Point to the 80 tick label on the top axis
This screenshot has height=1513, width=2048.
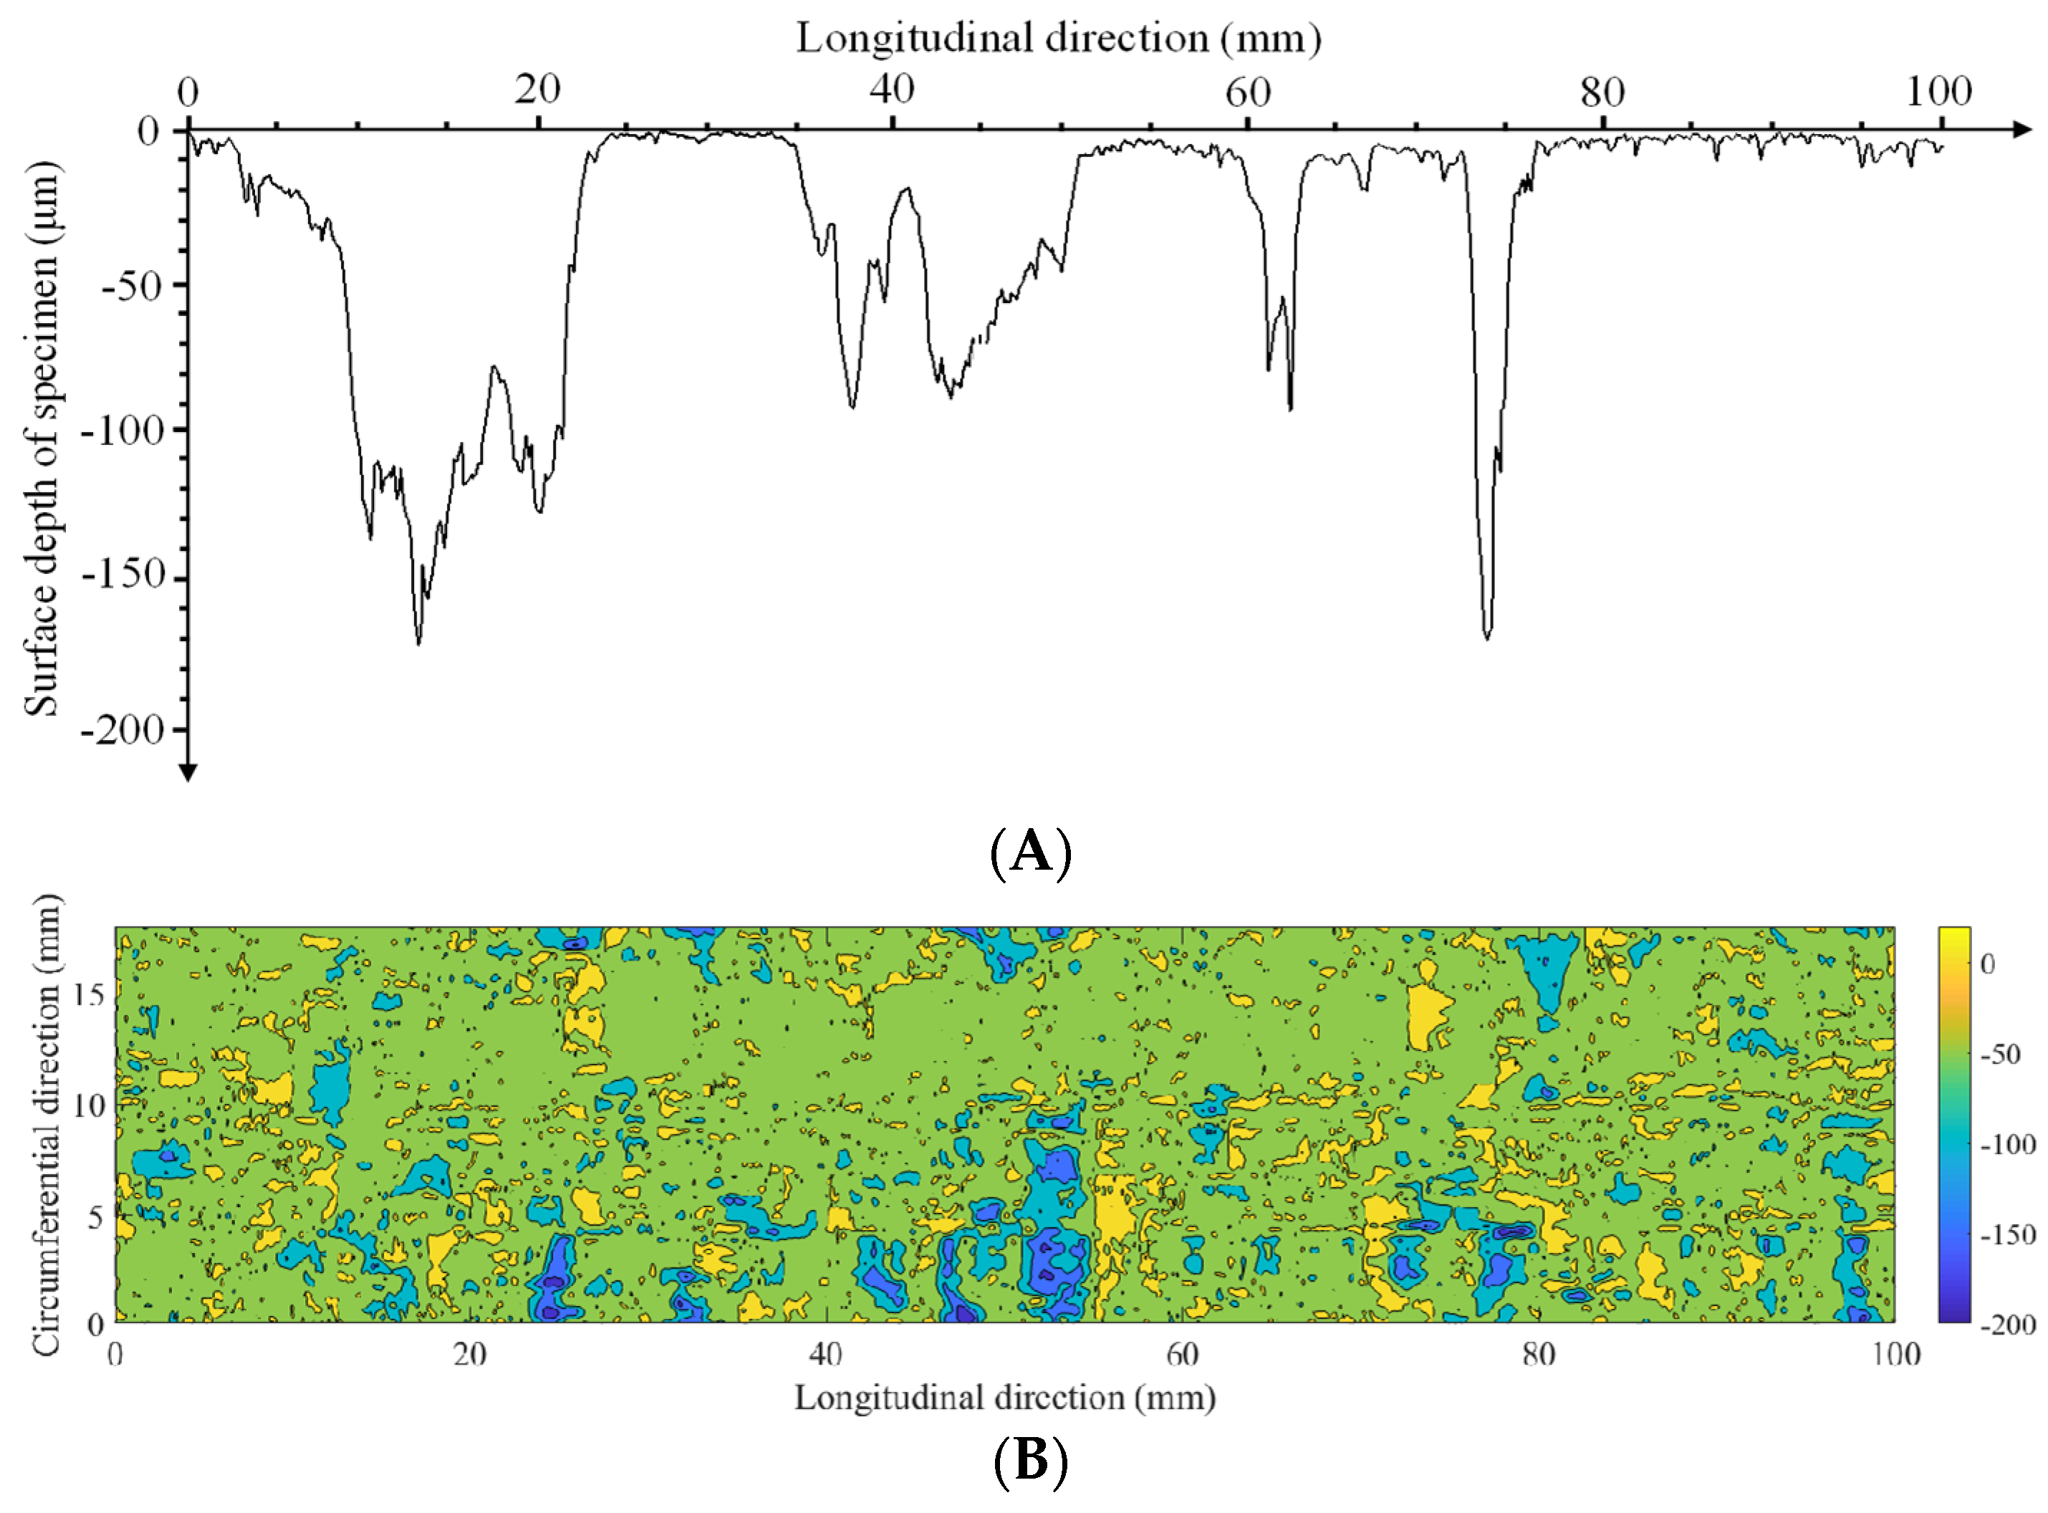[1601, 92]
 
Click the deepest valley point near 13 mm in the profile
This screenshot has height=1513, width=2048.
[418, 644]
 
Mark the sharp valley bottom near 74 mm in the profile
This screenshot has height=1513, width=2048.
[1486, 638]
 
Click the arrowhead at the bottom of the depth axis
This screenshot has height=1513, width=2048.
[188, 774]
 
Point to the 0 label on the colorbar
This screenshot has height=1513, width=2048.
[1988, 964]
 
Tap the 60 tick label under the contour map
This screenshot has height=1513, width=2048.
[1181, 1354]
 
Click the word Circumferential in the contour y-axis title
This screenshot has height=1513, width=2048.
[43, 1191]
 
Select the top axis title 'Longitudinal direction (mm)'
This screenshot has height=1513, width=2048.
[1058, 39]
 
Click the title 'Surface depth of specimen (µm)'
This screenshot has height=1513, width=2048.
[42, 440]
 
